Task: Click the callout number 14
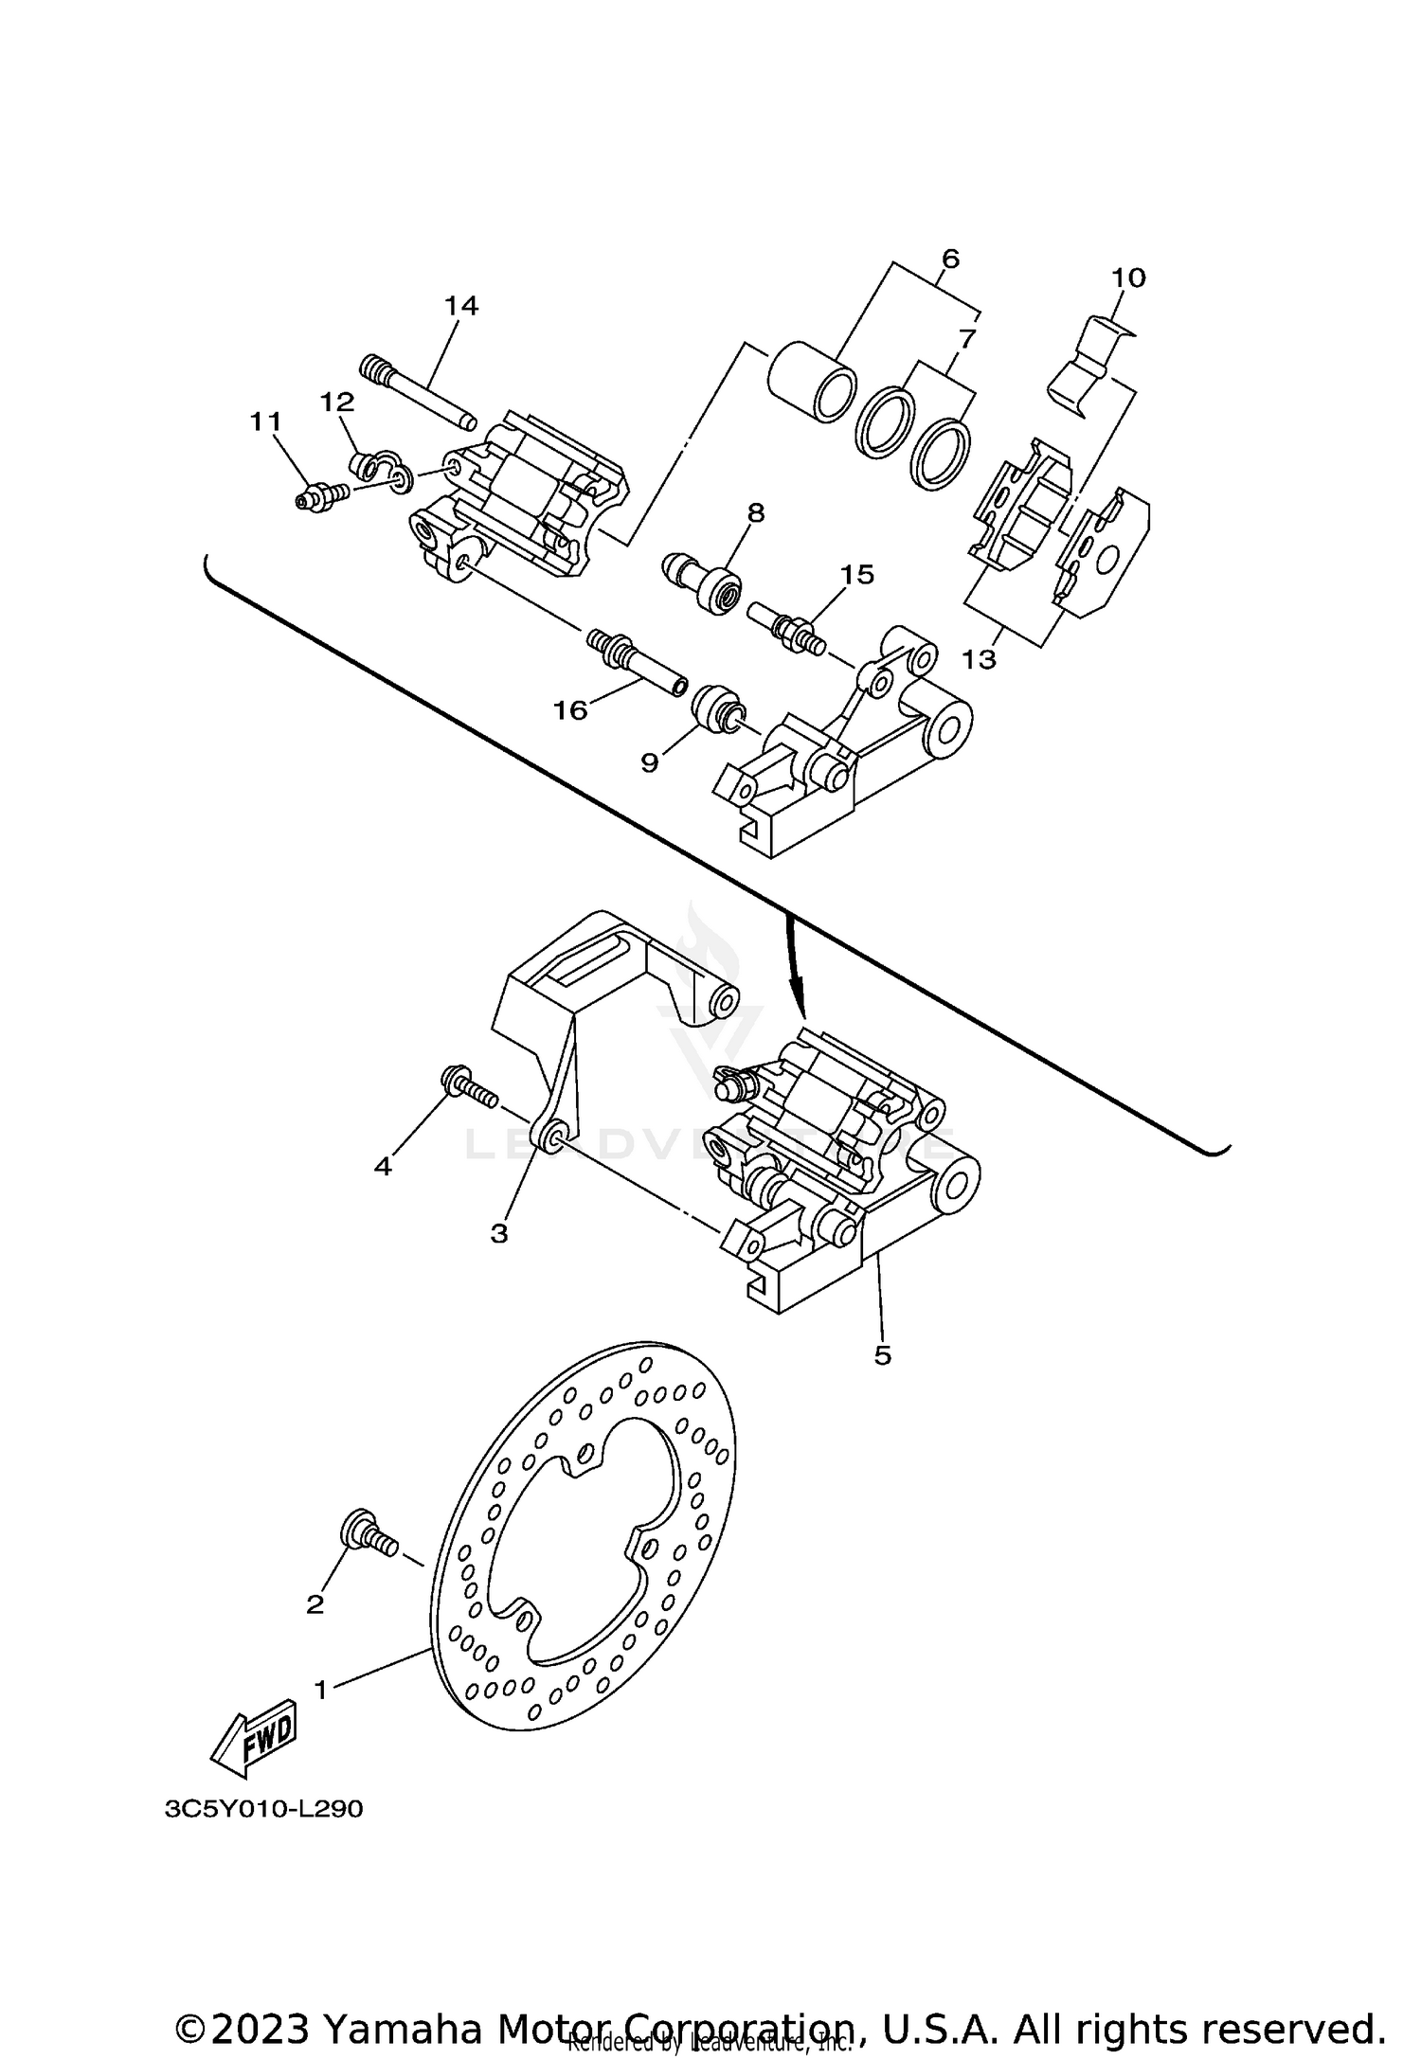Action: (461, 306)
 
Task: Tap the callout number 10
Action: (1128, 278)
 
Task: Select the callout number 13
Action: (979, 659)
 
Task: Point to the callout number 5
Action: (882, 1356)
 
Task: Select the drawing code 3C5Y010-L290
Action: (263, 1809)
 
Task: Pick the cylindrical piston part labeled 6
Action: (810, 385)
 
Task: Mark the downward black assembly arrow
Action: (798, 966)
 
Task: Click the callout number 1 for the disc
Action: (321, 1690)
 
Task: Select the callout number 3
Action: (499, 1233)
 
